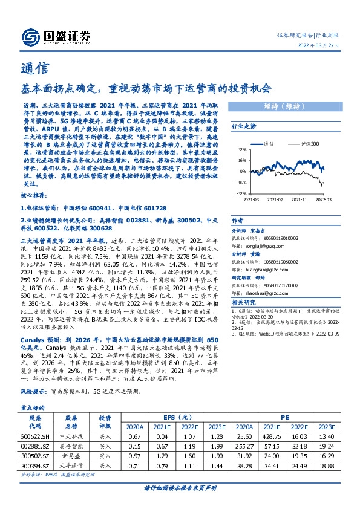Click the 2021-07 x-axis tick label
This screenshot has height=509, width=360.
[276, 198]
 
